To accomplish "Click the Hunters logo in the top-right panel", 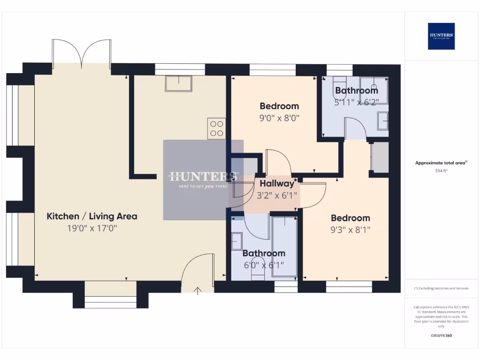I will [441, 36].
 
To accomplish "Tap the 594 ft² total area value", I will [441, 171].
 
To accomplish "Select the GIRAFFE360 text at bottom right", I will [441, 336].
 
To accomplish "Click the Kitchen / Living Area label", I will [92, 216].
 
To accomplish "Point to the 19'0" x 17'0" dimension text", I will [92, 228].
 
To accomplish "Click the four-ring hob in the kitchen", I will [217, 128].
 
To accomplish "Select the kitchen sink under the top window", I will [178, 84].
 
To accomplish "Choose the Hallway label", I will [277, 183].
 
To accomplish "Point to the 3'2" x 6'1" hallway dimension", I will [277, 195].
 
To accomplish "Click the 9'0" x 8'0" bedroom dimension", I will [279, 118].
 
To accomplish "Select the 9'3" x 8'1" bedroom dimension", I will [350, 230].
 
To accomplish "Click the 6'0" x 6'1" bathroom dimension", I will [263, 265].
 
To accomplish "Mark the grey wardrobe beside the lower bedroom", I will [380, 157].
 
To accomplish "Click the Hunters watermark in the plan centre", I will [203, 180].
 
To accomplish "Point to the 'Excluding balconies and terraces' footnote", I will [441, 288].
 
